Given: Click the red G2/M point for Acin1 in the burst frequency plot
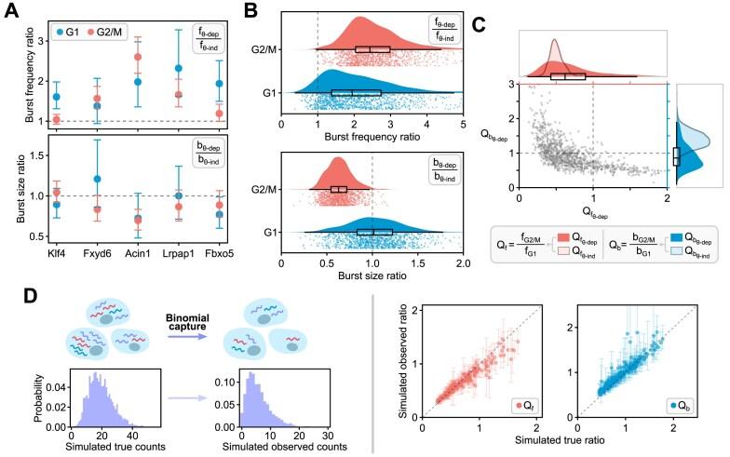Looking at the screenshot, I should (x=139, y=57).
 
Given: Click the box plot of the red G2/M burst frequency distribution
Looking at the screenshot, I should (x=374, y=49).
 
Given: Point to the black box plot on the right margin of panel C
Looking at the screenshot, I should (x=677, y=156).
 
